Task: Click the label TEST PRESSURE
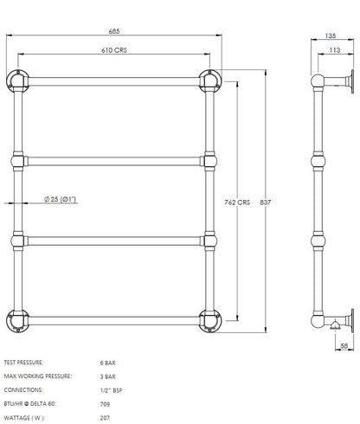[x=24, y=362]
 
